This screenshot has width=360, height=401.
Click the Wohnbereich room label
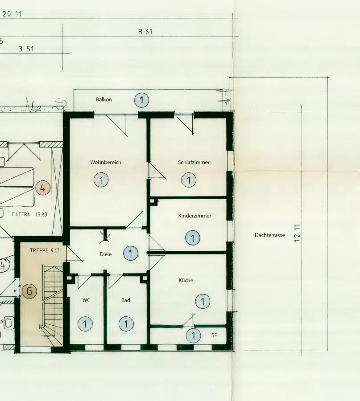[x=105, y=162]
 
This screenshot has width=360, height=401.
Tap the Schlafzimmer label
[x=194, y=162]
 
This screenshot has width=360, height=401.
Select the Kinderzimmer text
[x=194, y=216]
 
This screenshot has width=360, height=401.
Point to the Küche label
[x=186, y=280]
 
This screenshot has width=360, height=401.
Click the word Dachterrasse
[x=269, y=235]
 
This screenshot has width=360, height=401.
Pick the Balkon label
[x=103, y=99]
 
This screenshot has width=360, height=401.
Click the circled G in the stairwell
[x=29, y=291]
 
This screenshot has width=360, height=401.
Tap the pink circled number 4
[x=43, y=188]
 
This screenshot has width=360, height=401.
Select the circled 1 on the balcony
[x=141, y=100]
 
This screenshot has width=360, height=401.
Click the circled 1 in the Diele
[x=131, y=253]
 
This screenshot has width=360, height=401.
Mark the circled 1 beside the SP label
[x=193, y=335]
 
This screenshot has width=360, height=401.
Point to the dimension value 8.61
[x=145, y=32]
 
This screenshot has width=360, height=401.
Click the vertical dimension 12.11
[x=297, y=233]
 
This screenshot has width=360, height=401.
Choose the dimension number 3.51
[x=26, y=49]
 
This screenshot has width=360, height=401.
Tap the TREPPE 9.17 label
[x=45, y=250]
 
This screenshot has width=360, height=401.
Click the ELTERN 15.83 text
[x=30, y=214]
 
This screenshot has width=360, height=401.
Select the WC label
[x=86, y=300]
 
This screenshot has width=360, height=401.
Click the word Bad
[x=126, y=300]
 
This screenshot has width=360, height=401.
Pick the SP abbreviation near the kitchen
[x=214, y=335]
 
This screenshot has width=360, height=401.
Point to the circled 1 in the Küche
[x=203, y=301]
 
